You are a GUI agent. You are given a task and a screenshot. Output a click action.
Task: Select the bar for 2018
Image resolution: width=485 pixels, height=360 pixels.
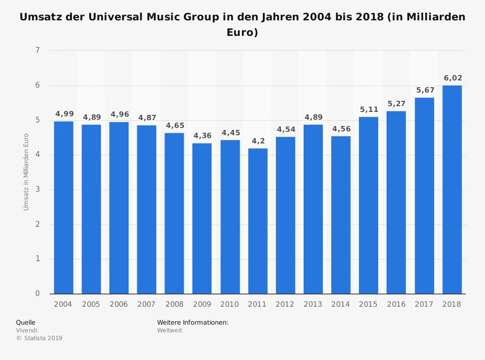pos(452,189)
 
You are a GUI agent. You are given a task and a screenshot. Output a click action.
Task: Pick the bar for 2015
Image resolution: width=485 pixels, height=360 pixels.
pos(369,205)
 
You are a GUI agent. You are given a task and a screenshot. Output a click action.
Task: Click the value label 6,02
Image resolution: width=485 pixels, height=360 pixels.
pos(453,78)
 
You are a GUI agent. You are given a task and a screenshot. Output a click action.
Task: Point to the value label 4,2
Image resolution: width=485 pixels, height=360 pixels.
pos(258,141)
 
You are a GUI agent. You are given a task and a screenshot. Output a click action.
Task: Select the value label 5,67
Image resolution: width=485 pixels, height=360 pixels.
pos(425,90)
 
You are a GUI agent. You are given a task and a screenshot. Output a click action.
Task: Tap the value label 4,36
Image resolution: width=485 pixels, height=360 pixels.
pos(202,136)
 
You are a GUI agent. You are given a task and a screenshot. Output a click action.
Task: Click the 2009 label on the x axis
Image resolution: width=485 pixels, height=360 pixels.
pos(202,304)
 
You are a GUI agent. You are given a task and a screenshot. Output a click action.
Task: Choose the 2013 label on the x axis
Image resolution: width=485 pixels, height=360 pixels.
pos(313,304)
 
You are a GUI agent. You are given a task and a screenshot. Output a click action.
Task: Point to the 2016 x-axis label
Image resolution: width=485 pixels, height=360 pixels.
pos(396,304)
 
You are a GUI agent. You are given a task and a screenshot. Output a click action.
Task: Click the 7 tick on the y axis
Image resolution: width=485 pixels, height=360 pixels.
pos(37,50)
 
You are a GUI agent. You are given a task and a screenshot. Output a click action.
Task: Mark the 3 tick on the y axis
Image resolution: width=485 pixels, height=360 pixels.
pos(37,189)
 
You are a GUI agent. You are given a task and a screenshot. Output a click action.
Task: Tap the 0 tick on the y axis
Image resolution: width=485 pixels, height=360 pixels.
pos(37,294)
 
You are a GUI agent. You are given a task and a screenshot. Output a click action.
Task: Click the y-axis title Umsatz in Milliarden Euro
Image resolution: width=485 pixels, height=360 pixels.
pos(26,172)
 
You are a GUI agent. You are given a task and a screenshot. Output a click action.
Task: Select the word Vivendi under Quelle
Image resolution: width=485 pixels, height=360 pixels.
pos(27,330)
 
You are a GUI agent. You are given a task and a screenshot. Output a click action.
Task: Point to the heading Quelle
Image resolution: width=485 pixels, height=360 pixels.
pos(26,322)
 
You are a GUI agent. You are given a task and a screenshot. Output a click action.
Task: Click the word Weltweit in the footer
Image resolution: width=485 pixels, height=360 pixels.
pos(169,330)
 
